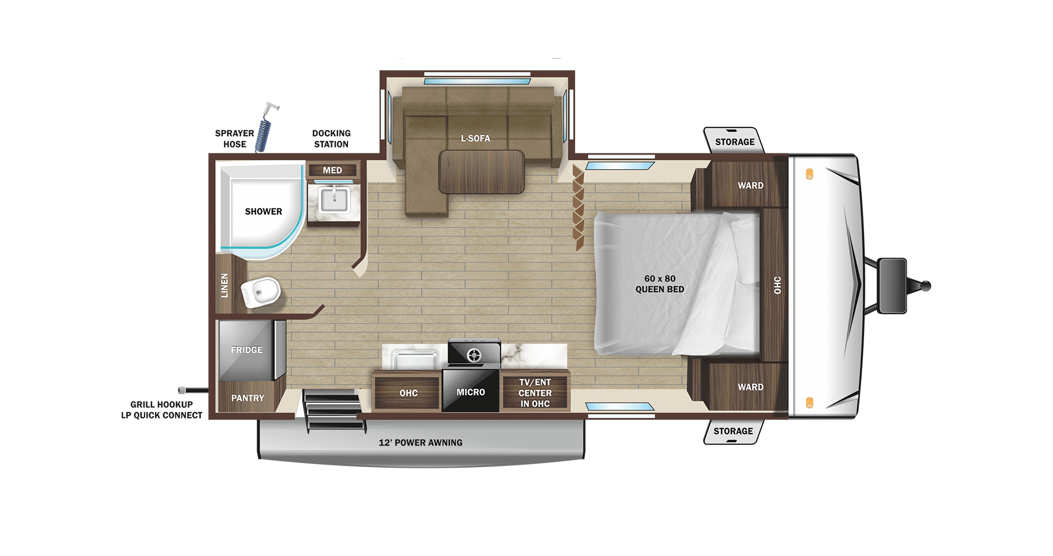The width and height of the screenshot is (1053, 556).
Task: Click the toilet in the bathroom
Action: (x=261, y=291)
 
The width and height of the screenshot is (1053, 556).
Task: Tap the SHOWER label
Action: (x=263, y=211)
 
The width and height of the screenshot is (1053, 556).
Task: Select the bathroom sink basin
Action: (x=333, y=201)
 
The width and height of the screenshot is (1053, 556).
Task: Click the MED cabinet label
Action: (x=332, y=170)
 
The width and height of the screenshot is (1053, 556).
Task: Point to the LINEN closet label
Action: (x=225, y=286)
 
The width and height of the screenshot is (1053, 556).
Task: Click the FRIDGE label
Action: (x=246, y=350)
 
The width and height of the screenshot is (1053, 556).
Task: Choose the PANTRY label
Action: (x=247, y=398)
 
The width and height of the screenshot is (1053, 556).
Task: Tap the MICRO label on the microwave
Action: (x=470, y=392)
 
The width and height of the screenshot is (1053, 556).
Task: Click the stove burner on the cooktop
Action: (x=473, y=354)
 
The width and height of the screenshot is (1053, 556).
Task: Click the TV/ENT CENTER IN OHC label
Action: (x=535, y=393)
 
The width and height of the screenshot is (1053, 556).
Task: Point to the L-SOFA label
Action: (x=475, y=138)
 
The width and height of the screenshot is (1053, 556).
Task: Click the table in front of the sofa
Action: (x=481, y=171)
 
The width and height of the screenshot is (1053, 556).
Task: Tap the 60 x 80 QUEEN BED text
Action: (x=659, y=284)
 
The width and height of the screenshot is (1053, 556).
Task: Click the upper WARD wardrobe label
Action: (x=750, y=186)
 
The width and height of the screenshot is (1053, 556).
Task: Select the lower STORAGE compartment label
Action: (x=733, y=431)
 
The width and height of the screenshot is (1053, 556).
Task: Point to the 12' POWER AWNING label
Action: (x=420, y=442)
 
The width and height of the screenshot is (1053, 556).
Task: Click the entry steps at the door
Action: (x=332, y=410)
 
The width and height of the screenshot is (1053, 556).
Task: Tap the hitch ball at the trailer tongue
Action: (x=925, y=286)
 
